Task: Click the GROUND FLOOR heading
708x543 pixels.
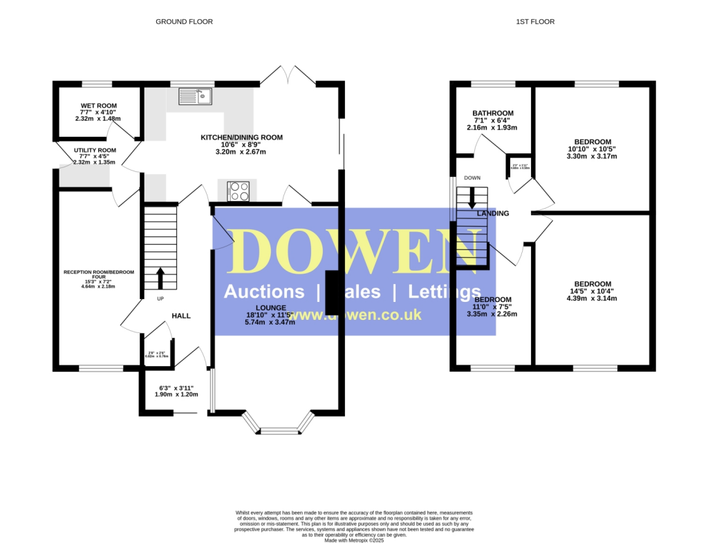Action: pyautogui.click(x=184, y=21)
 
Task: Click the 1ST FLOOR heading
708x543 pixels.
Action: pyautogui.click(x=535, y=21)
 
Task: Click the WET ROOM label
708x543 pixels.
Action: pyautogui.click(x=98, y=106)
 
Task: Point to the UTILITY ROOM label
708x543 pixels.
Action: pyautogui.click(x=95, y=150)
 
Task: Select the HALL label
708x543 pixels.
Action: pyautogui.click(x=181, y=316)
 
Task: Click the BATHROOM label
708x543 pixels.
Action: pyautogui.click(x=493, y=113)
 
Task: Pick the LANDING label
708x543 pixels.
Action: pyautogui.click(x=493, y=213)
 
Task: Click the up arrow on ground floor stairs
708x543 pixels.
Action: pyautogui.click(x=160, y=278)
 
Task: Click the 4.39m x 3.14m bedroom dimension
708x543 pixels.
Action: pyautogui.click(x=593, y=298)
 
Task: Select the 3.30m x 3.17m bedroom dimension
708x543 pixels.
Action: pyautogui.click(x=593, y=156)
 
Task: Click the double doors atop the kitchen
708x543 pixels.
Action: pyautogui.click(x=288, y=75)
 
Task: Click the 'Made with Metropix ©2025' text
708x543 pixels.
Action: pyautogui.click(x=354, y=540)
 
